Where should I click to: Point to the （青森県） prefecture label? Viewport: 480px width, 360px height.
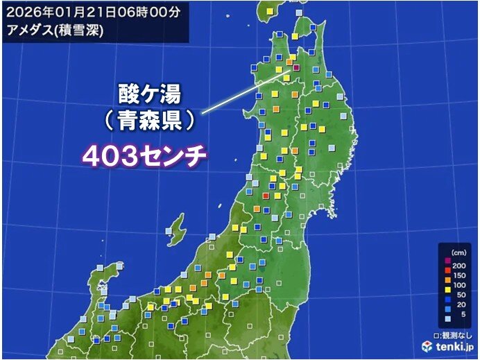[x=142, y=120]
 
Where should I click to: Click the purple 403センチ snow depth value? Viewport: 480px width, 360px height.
[x=145, y=156]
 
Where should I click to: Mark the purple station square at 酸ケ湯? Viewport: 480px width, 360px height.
[x=294, y=67]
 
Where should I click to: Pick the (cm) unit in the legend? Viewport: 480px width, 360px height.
[x=458, y=252]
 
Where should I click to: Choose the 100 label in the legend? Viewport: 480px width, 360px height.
[x=458, y=286]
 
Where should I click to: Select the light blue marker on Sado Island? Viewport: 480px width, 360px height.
[x=169, y=232]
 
